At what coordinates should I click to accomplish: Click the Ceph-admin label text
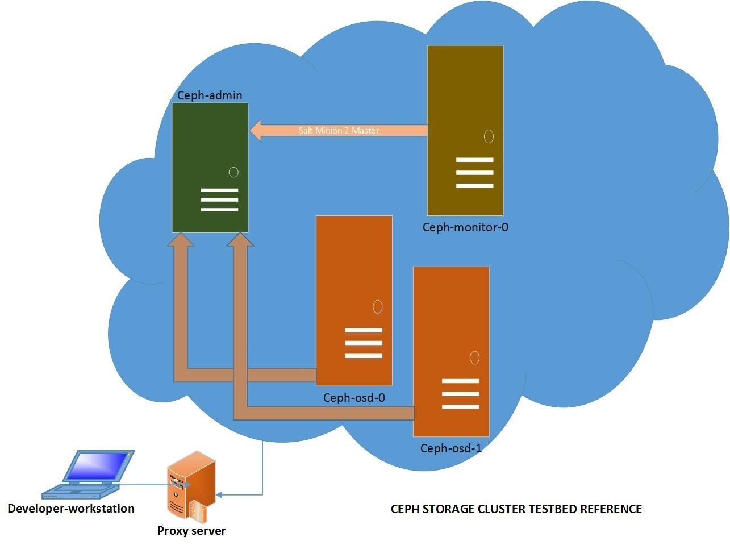210,95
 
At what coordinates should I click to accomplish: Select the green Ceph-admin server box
210,167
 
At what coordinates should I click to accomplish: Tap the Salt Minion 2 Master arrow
339,131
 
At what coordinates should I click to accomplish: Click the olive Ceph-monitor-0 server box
465,130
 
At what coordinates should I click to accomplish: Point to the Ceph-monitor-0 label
465,227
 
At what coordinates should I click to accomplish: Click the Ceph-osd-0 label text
354,398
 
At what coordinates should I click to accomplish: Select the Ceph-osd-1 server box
451,351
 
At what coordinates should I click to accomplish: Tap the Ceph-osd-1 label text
451,448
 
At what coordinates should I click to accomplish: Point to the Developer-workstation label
71,509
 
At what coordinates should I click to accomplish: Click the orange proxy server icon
191,486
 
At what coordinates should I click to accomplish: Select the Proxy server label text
191,531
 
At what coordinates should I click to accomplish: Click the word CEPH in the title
404,509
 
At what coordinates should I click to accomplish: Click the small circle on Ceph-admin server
233,172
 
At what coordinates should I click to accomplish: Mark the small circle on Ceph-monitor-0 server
489,136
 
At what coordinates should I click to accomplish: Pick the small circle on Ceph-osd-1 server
474,357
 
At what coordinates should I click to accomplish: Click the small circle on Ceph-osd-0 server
377,307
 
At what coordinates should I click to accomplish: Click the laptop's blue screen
98,466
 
